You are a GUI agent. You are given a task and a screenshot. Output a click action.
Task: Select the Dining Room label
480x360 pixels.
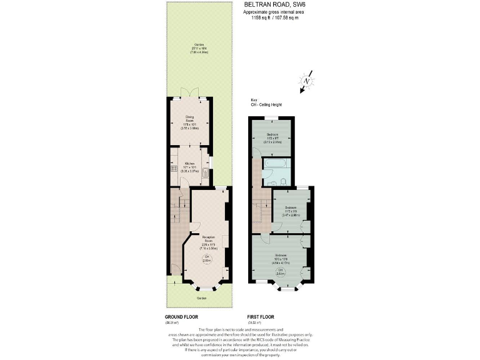pyautogui.click(x=190, y=121)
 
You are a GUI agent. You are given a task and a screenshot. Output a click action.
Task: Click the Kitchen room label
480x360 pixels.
pyautogui.click(x=190, y=167)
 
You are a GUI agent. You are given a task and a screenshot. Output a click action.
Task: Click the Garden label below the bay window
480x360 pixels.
pyautogui.click(x=202, y=298)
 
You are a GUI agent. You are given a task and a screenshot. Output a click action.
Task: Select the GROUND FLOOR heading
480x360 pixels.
pyautogui.click(x=181, y=317)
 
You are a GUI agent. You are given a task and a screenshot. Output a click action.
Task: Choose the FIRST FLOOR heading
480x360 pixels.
pyautogui.click(x=261, y=317)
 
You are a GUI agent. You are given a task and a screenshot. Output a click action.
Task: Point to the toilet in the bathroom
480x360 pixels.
pyautogui.click(x=283, y=181)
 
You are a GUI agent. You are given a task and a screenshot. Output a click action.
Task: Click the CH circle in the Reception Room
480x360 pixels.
pyautogui.click(x=206, y=259)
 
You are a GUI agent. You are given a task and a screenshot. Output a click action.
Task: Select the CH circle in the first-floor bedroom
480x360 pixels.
pyautogui.click(x=281, y=271)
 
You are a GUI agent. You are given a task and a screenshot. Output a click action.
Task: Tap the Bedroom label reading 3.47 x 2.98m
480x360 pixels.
pyautogui.click(x=291, y=211)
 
